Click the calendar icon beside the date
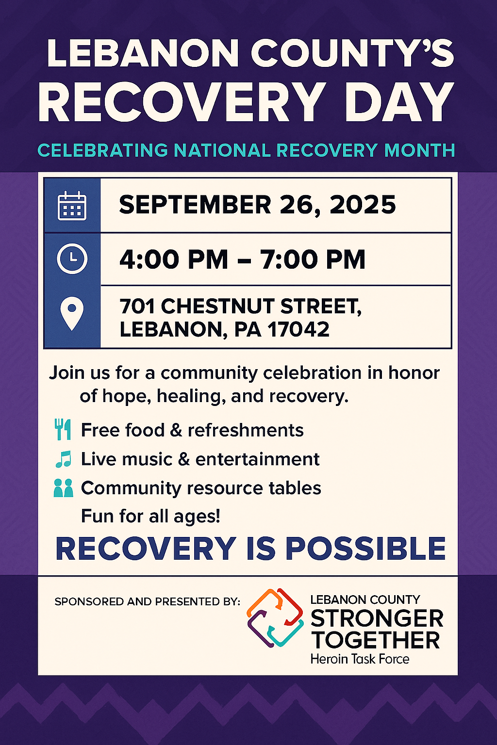tap(72, 206)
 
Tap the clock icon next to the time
tap(72, 259)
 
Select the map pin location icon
tap(72, 313)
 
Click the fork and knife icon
tap(63, 429)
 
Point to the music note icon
tap(63, 459)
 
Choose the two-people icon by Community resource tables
tap(63, 488)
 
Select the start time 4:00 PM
tap(174, 259)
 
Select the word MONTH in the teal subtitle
tap(419, 150)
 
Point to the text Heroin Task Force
tap(360, 659)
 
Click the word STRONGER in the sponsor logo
tap(377, 618)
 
